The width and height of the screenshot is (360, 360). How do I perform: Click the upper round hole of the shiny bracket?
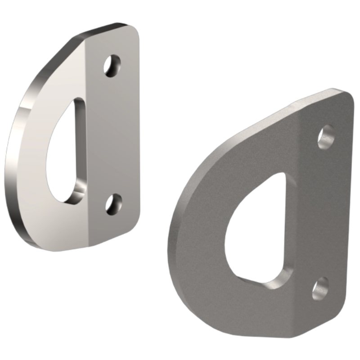[x=112, y=66]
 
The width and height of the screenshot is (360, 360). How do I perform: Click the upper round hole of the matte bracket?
[x=326, y=137]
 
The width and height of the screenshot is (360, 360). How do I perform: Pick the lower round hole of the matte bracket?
[x=320, y=288]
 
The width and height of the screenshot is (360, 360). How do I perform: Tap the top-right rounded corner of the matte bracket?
[x=346, y=95]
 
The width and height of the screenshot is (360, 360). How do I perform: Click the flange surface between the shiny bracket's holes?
[x=112, y=135]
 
